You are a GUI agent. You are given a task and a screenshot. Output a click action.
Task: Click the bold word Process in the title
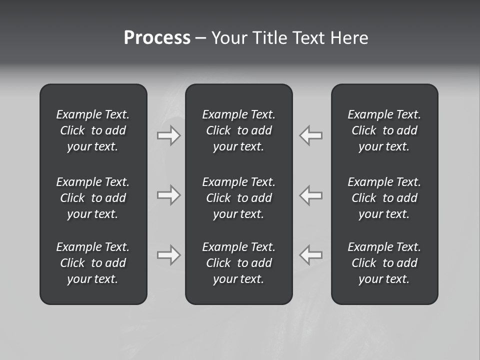[x=157, y=38]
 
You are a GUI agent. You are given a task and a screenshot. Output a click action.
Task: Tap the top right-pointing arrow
[x=168, y=135]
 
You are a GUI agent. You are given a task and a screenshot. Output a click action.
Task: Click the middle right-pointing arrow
[x=168, y=195]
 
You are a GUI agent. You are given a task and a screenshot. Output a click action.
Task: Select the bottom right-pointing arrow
[x=168, y=255]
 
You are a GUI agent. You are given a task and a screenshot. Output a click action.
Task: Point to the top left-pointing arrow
[x=311, y=135]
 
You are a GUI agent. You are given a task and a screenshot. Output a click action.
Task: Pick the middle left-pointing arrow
[x=311, y=195]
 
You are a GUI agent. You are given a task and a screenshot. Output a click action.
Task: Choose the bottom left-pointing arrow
[x=311, y=255]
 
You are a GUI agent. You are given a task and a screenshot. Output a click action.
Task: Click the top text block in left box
[x=93, y=130]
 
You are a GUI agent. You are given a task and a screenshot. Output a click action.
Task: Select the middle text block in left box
[x=93, y=198]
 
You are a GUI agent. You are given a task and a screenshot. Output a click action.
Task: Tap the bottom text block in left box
[x=93, y=263]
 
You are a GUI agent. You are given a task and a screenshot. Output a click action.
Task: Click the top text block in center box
[x=238, y=130]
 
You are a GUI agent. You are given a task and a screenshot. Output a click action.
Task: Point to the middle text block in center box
[x=238, y=198]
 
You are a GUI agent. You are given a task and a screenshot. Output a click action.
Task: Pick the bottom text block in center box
[x=238, y=263]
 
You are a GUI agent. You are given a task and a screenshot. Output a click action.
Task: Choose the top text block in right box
[x=384, y=130]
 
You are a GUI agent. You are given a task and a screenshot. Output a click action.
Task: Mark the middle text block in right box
[x=384, y=198]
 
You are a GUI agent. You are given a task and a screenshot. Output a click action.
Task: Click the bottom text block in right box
[x=384, y=263]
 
